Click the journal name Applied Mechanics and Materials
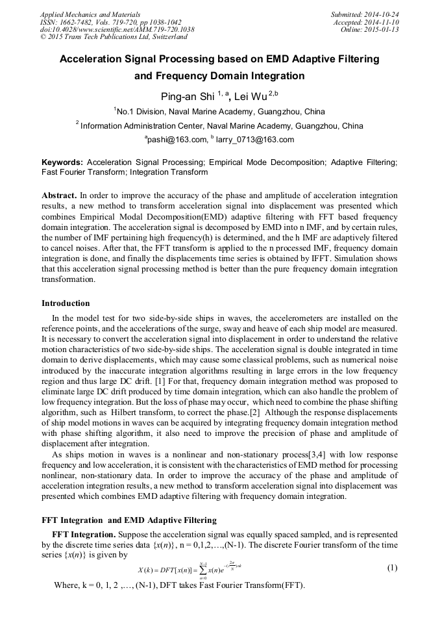click(90, 14)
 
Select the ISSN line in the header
click(110, 21)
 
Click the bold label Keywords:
click(62, 162)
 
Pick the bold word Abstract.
click(59, 195)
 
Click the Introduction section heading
click(66, 303)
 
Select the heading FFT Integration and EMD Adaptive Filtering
click(129, 520)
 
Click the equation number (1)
click(392, 568)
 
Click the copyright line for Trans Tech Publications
click(113, 37)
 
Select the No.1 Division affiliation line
click(219, 111)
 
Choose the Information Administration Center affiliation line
click(219, 125)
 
